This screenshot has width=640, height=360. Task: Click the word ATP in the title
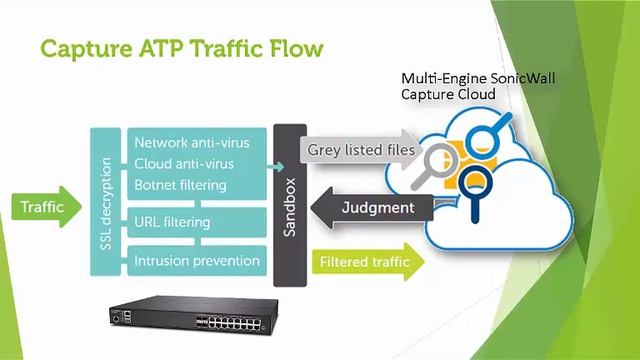tap(161, 49)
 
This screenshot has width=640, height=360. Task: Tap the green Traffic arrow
tap(46, 207)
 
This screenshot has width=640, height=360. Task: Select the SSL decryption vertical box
tap(106, 202)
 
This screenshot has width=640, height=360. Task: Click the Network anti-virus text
tap(192, 143)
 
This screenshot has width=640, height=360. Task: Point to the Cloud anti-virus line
tap(184, 164)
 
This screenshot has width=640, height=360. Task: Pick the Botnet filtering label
tap(180, 185)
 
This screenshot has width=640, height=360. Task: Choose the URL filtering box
tap(197, 222)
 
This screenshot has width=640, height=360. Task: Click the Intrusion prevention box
tap(197, 261)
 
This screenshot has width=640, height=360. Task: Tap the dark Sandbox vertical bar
tap(290, 205)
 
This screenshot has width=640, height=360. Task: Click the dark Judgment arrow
tap(372, 207)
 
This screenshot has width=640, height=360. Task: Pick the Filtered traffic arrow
tap(368, 262)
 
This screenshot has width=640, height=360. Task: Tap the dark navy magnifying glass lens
tap(474, 181)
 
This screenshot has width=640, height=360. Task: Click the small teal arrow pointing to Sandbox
tap(275, 167)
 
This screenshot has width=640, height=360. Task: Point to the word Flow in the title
tap(296, 49)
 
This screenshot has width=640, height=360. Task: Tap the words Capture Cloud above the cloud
tap(448, 94)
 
